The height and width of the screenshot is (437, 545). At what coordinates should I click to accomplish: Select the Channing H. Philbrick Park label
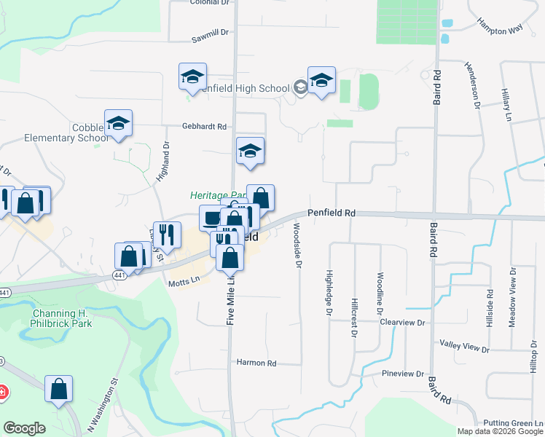(62, 318)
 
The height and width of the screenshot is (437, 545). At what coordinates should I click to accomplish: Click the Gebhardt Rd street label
(205, 126)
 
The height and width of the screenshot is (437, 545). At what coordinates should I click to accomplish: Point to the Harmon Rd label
(256, 363)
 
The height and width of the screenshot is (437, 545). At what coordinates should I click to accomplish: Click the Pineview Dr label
(403, 374)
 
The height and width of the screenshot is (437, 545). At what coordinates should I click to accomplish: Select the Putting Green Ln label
(513, 424)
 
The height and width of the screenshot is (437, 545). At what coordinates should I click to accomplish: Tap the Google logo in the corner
(24, 428)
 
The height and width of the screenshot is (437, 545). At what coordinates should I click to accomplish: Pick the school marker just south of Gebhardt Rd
(251, 151)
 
